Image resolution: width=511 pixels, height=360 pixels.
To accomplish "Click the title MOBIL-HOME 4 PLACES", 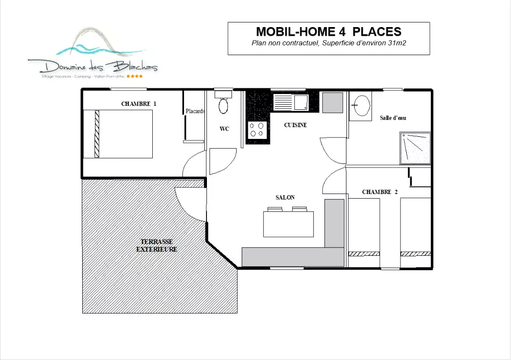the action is pos(329,32).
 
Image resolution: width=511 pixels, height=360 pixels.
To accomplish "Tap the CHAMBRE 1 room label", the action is pos(139,104).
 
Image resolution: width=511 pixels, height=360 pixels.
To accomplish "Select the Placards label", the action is pos(195,111).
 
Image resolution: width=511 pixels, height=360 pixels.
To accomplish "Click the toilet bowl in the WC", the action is pos(223,106).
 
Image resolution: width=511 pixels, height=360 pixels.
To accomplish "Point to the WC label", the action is pos(224,129).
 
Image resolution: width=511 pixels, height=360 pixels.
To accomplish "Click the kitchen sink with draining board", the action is pos(291,102).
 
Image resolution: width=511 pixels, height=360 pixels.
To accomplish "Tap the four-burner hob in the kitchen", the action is pos(257,130).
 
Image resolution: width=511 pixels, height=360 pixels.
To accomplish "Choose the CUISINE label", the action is pos(295,125).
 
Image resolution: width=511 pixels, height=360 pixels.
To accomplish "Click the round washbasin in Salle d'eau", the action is pos(362,106).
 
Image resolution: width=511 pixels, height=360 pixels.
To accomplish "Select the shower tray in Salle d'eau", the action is pos(415,148).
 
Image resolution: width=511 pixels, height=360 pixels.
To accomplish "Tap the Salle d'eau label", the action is pos(392,118).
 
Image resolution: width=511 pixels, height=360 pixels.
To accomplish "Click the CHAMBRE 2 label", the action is pos(380,192).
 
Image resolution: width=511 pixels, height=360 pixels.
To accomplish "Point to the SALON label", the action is pos(285,198).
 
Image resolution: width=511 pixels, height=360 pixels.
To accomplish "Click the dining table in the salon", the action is pos(288,224).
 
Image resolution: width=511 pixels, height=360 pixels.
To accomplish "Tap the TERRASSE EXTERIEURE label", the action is pos(157,246).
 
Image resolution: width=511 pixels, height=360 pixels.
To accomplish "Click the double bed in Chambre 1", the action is pos(118,134).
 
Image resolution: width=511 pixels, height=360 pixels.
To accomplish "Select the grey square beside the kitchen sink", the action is pos(333,103).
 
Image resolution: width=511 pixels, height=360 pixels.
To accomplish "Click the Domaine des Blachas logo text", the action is pos(99,67).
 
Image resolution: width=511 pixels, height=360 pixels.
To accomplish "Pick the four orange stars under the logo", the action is pos(134,76).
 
